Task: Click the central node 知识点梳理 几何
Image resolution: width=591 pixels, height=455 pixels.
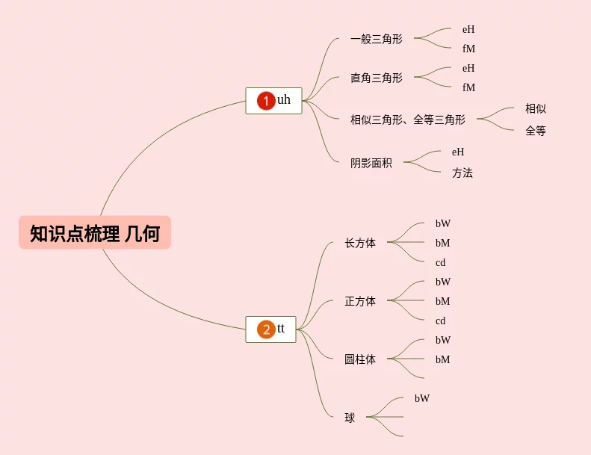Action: coord(95,233)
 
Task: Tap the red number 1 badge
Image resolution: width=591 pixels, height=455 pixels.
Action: coord(266,100)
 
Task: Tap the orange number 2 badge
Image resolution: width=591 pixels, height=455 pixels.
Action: coord(266,329)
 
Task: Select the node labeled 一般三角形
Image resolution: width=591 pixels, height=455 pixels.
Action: coord(376,39)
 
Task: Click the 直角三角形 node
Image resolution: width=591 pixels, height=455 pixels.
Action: coord(376,78)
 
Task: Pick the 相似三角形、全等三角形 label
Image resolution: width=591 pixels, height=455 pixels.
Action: coord(407,120)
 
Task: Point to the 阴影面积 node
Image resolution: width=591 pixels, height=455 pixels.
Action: coord(371,163)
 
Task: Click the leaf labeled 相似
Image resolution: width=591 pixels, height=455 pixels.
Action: coord(535,109)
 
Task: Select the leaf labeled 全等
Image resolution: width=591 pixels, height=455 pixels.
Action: coord(535,131)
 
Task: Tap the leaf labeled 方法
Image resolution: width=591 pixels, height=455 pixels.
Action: coord(462,173)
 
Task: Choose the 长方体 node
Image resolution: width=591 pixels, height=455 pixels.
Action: coord(360,243)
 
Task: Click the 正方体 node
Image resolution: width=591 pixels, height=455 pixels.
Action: coord(360,301)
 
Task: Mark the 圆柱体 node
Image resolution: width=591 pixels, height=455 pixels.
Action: coord(360,359)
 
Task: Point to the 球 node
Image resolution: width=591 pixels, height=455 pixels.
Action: coord(350,418)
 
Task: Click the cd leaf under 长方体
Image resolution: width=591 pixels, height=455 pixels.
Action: coord(440,263)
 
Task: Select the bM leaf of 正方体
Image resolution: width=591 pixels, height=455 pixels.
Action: coord(442,301)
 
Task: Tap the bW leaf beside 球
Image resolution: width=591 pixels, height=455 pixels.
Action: coord(422,398)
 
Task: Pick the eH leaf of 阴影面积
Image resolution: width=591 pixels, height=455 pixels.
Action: coord(458,152)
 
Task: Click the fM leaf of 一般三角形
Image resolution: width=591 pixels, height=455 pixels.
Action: coord(468,49)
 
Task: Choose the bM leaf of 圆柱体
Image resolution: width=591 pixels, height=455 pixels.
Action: coord(442,359)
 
